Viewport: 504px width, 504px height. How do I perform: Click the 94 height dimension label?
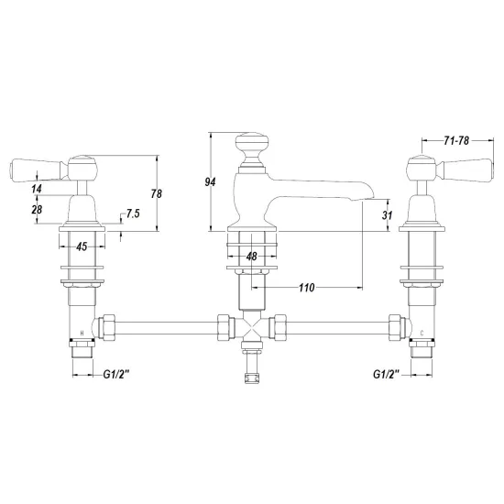[210, 182]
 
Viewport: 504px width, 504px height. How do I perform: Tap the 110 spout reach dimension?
[306, 288]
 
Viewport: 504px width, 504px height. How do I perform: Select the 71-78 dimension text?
[456, 140]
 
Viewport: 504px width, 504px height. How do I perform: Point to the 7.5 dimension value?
[133, 214]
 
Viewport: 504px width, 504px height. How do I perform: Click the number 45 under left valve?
[82, 247]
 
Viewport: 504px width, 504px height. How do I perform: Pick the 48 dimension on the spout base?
[252, 257]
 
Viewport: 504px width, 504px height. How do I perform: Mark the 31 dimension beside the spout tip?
[387, 214]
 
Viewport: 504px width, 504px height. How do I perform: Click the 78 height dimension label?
[156, 194]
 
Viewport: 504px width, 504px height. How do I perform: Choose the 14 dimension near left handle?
[37, 189]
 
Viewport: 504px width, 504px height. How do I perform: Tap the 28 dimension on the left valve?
[37, 210]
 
